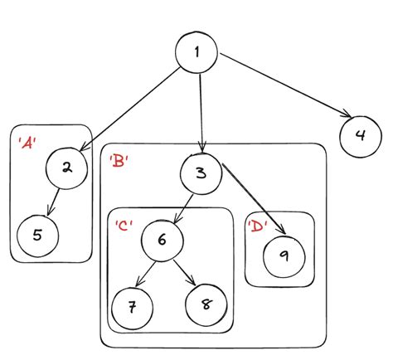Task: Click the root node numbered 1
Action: pos(196,53)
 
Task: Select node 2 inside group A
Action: pos(66,168)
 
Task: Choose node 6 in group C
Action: pos(163,240)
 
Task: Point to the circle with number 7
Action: pos(131,306)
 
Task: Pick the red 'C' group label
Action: pos(124,224)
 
